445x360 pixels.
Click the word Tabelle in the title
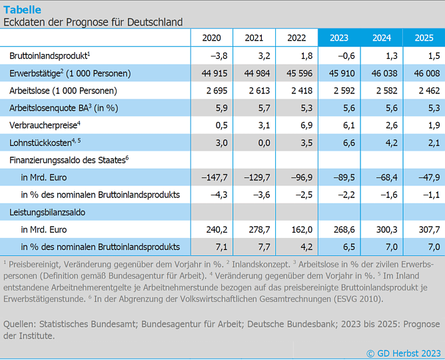[x=22, y=9]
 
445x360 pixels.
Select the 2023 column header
[x=339, y=38]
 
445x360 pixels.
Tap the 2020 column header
[x=211, y=38]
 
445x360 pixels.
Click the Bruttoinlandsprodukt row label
[x=49, y=55]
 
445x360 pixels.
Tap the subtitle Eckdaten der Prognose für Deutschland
[x=93, y=22]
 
